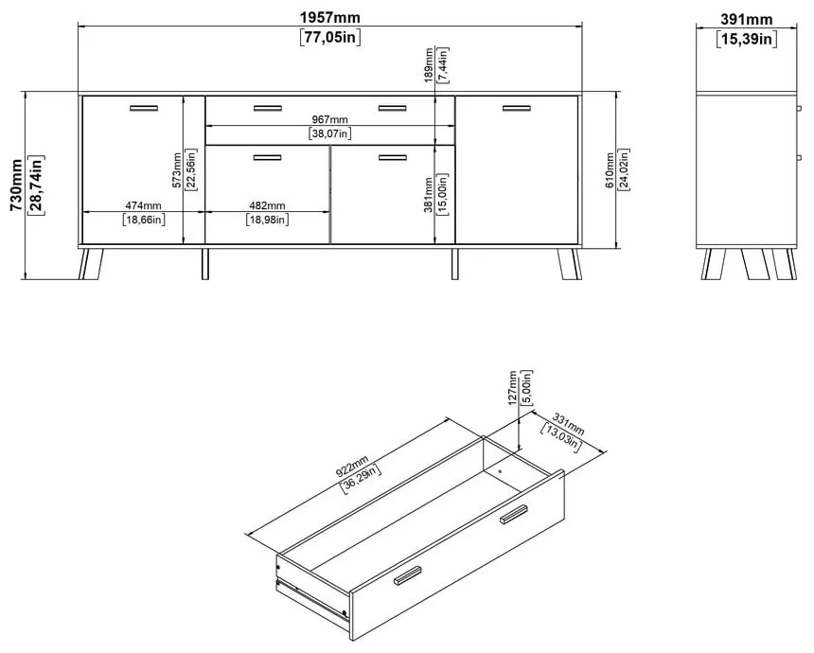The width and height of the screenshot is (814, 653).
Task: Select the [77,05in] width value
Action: pos(329,38)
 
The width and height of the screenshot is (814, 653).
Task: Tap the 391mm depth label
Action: pos(747,19)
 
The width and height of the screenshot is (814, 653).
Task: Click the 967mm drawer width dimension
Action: pos(330,120)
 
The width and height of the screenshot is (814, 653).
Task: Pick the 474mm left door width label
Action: pos(143,205)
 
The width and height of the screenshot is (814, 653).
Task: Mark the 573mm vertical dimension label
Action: pos(177,171)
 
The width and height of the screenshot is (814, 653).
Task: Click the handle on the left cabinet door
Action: pos(144,108)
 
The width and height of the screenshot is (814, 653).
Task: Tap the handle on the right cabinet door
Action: pos(517,108)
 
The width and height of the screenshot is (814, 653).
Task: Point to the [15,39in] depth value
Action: pos(747,38)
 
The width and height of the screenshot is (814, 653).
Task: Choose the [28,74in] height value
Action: pos(36,186)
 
